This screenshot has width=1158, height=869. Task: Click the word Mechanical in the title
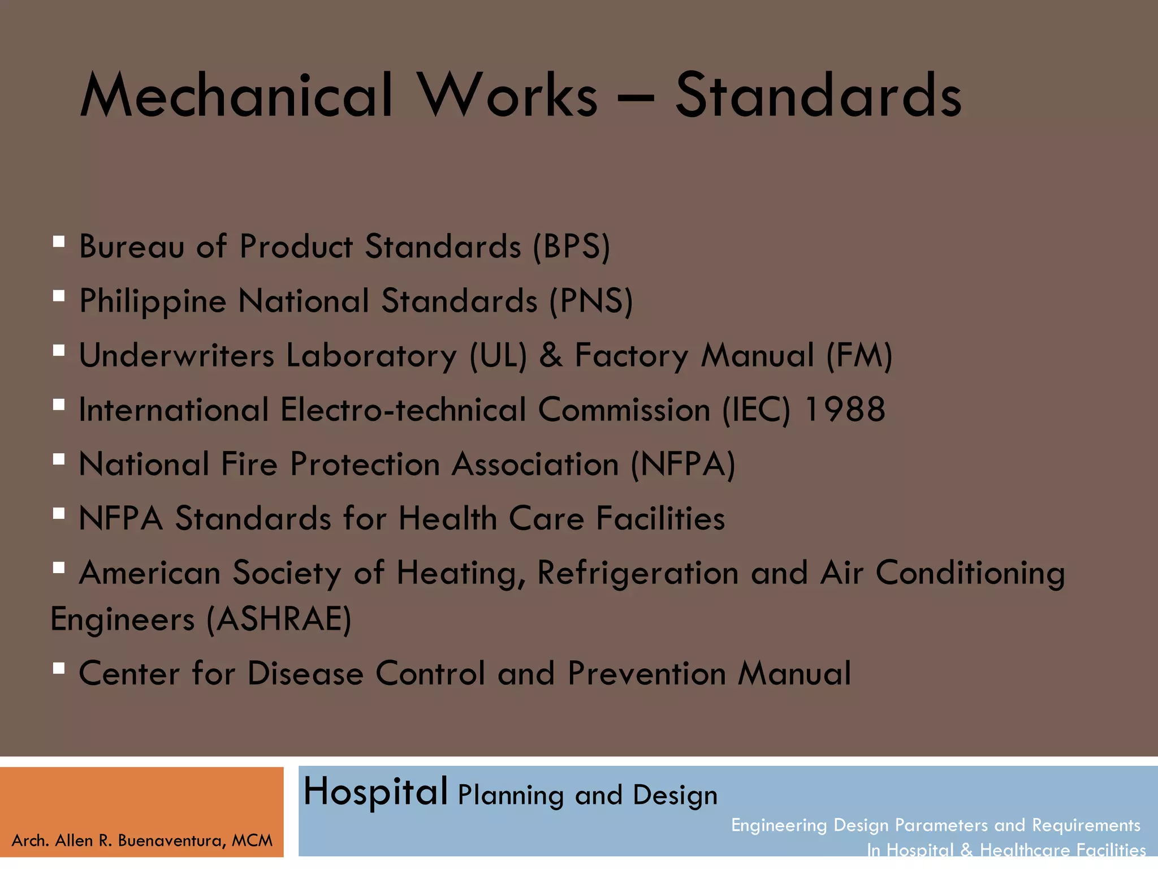(x=236, y=96)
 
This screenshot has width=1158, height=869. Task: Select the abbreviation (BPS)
(x=571, y=247)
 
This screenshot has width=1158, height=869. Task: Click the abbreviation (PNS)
(x=591, y=301)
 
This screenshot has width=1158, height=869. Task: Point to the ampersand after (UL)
(x=551, y=355)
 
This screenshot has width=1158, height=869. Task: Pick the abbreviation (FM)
(x=859, y=355)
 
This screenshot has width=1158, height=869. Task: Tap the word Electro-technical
(x=403, y=410)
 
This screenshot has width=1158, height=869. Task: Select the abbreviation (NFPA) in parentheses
(x=683, y=464)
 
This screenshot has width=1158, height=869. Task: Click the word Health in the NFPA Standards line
(x=447, y=519)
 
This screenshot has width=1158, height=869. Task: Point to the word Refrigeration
(x=637, y=573)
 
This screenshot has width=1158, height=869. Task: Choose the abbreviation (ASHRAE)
(x=279, y=619)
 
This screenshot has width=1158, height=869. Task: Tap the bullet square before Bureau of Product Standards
(x=58, y=242)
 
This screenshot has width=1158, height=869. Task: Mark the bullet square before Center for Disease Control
(x=58, y=669)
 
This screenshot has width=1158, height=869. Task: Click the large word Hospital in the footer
(x=375, y=791)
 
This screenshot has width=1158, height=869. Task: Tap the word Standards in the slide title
(x=818, y=96)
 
